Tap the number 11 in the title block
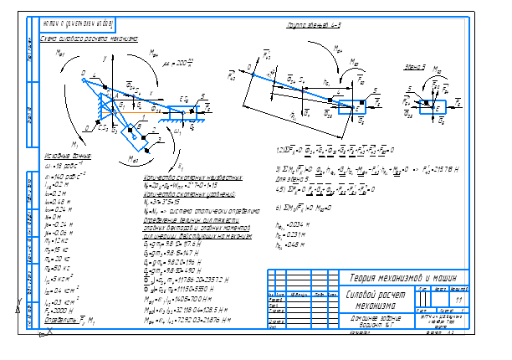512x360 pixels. pos(458,299)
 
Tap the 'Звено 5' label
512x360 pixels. pos(413,64)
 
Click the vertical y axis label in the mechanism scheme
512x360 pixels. pos(102,59)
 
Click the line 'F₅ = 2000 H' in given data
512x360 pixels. pos(57,285)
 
